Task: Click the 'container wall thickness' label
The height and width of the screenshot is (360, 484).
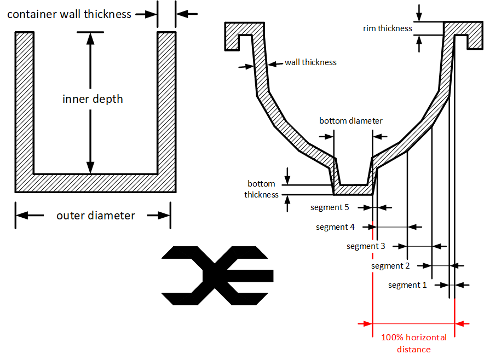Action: (x=69, y=14)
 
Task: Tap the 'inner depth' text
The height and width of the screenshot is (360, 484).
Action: (x=93, y=99)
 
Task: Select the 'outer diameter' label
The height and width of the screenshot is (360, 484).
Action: (x=96, y=216)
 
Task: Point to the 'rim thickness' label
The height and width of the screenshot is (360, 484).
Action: (x=388, y=28)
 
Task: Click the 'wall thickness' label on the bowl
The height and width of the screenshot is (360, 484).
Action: (x=310, y=62)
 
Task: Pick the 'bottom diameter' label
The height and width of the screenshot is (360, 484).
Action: (x=350, y=120)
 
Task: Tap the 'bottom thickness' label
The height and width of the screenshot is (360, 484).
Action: (x=262, y=189)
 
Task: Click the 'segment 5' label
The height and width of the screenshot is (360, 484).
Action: (x=330, y=207)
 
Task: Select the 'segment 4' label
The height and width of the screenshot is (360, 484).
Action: (x=335, y=227)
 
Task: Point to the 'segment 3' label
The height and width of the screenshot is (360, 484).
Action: (x=366, y=246)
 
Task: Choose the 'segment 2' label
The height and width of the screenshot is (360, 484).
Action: (x=390, y=266)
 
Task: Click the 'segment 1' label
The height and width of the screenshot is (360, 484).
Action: (x=407, y=285)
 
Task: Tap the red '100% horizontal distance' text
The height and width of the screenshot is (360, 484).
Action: (x=413, y=343)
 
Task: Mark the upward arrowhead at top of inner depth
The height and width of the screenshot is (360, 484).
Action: (x=90, y=38)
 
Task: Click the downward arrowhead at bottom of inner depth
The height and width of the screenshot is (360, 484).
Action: (x=90, y=167)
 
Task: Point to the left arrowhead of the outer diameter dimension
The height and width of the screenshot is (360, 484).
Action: (x=22, y=215)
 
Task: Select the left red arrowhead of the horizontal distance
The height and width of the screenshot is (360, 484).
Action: (x=367, y=323)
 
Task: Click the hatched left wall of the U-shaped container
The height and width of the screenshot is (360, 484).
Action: (x=25, y=103)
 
